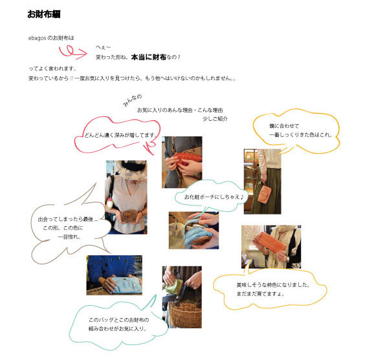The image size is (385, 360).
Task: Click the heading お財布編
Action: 44,14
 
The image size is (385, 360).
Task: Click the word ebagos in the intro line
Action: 37,38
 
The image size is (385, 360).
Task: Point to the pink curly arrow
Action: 72,52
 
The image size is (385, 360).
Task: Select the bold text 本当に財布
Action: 149,57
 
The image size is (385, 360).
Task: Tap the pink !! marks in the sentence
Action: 71,78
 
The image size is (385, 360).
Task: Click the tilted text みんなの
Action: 133,100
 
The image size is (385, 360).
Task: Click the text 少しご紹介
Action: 215,119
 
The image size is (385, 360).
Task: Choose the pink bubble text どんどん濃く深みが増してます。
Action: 120,135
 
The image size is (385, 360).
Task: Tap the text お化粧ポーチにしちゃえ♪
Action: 214,196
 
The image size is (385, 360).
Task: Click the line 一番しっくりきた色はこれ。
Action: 300,134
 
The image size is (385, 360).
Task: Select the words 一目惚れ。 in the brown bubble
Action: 69,237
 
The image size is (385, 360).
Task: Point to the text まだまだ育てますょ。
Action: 260,293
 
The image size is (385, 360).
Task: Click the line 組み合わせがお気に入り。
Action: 118,328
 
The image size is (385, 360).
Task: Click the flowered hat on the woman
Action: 131,169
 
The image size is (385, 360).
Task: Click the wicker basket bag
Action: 185,315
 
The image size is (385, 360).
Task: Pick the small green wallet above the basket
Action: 175,286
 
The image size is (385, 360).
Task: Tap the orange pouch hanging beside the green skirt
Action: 264,195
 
